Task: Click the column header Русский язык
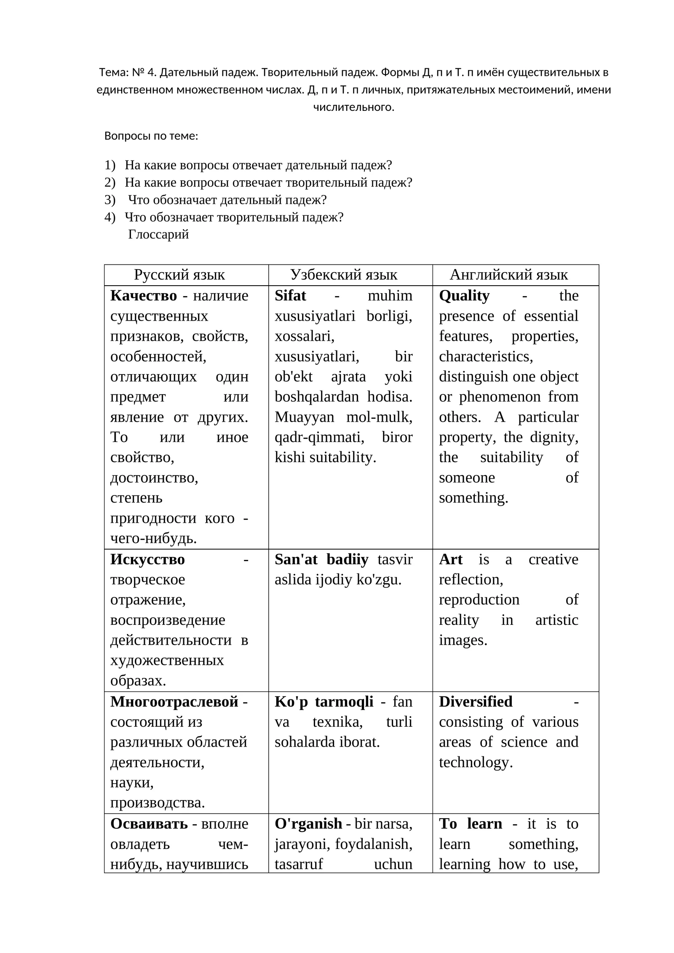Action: pos(179,275)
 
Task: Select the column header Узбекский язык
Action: pos(344,275)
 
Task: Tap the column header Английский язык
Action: pos(508,275)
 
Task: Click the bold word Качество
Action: pos(144,296)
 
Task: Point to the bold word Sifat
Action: pos(290,296)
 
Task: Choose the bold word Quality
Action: pos(464,296)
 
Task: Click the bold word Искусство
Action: pos(147,559)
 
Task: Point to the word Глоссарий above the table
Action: pos(158,234)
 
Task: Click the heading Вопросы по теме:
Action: pos(151,136)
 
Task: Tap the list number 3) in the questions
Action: pos(110,200)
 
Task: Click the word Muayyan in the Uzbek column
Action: pos(304,417)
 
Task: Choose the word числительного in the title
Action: pos(353,107)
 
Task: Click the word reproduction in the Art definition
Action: pos(479,600)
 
